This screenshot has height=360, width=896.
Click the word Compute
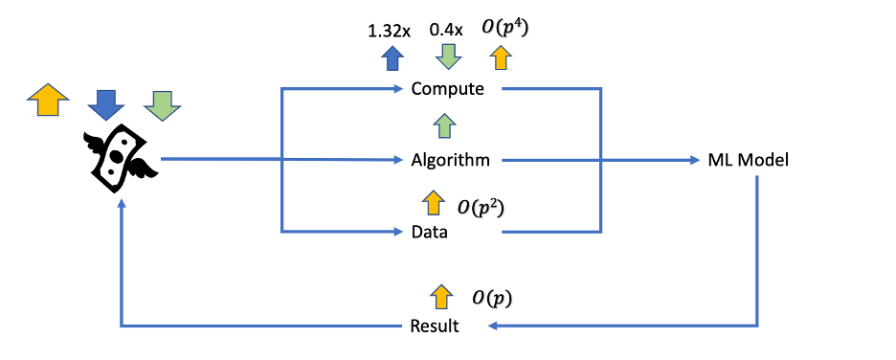[x=448, y=90]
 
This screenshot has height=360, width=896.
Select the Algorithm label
[x=450, y=161]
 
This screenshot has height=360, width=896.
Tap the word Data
[x=429, y=232]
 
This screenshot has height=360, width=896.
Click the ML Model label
[x=748, y=161]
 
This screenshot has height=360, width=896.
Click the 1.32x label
[x=390, y=31]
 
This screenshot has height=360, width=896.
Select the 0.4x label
[x=446, y=31]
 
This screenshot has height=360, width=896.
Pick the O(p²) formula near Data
[x=481, y=204]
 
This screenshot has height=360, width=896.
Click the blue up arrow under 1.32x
[x=391, y=58]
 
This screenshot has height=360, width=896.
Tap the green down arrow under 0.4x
[x=446, y=58]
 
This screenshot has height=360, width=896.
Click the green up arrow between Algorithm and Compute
[x=443, y=125]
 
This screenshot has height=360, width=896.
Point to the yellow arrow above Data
[x=433, y=202]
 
